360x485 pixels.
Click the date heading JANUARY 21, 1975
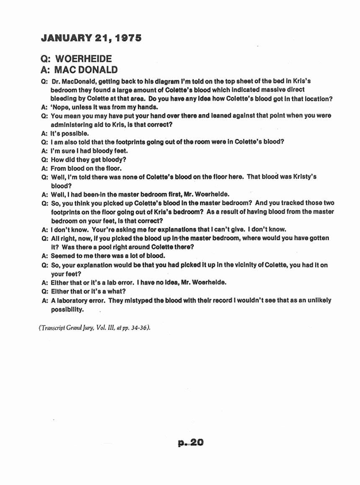point(91,38)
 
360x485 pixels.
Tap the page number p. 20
point(190,442)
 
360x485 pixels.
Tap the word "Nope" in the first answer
point(59,107)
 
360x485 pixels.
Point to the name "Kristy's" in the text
point(303,177)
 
